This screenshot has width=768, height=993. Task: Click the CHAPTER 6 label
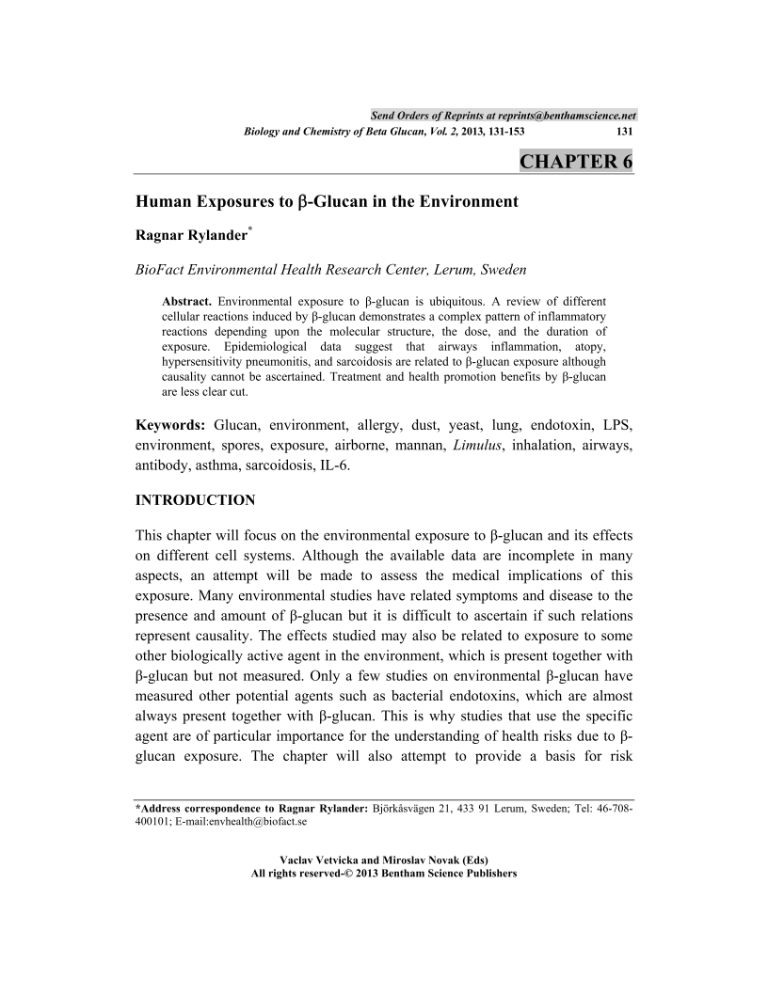pyautogui.click(x=576, y=161)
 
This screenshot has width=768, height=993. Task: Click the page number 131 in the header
pyautogui.click(x=623, y=133)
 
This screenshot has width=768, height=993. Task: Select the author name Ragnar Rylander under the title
pyautogui.click(x=190, y=235)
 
